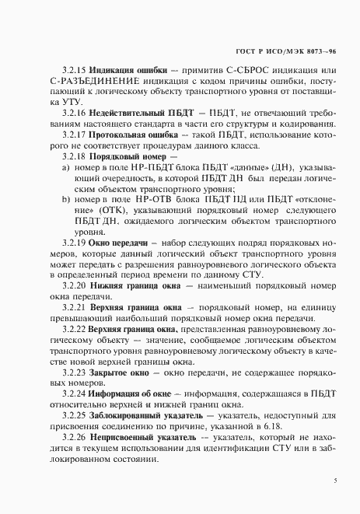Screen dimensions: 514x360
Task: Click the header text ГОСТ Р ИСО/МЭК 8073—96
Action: tap(292, 50)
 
